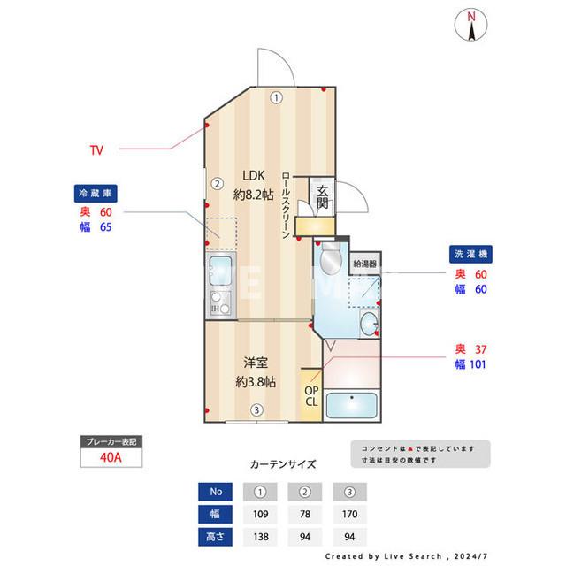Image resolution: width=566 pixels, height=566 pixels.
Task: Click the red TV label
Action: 96,150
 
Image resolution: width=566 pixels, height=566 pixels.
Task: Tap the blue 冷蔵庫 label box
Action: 96,193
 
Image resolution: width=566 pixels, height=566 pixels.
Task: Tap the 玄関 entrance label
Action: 323,197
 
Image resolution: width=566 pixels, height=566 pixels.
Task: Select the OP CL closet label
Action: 311,394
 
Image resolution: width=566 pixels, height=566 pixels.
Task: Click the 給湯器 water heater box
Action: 365,264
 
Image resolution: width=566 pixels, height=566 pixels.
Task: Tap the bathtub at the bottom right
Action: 353,405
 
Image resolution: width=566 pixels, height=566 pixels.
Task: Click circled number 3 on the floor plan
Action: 255,409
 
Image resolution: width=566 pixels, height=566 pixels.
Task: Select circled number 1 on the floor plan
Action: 276,98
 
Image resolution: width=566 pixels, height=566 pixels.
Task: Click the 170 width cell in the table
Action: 348,514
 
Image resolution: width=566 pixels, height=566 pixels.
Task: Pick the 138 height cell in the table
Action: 261,536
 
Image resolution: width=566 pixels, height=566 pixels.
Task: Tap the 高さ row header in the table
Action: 217,536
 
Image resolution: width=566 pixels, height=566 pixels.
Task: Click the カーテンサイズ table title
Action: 282,463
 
